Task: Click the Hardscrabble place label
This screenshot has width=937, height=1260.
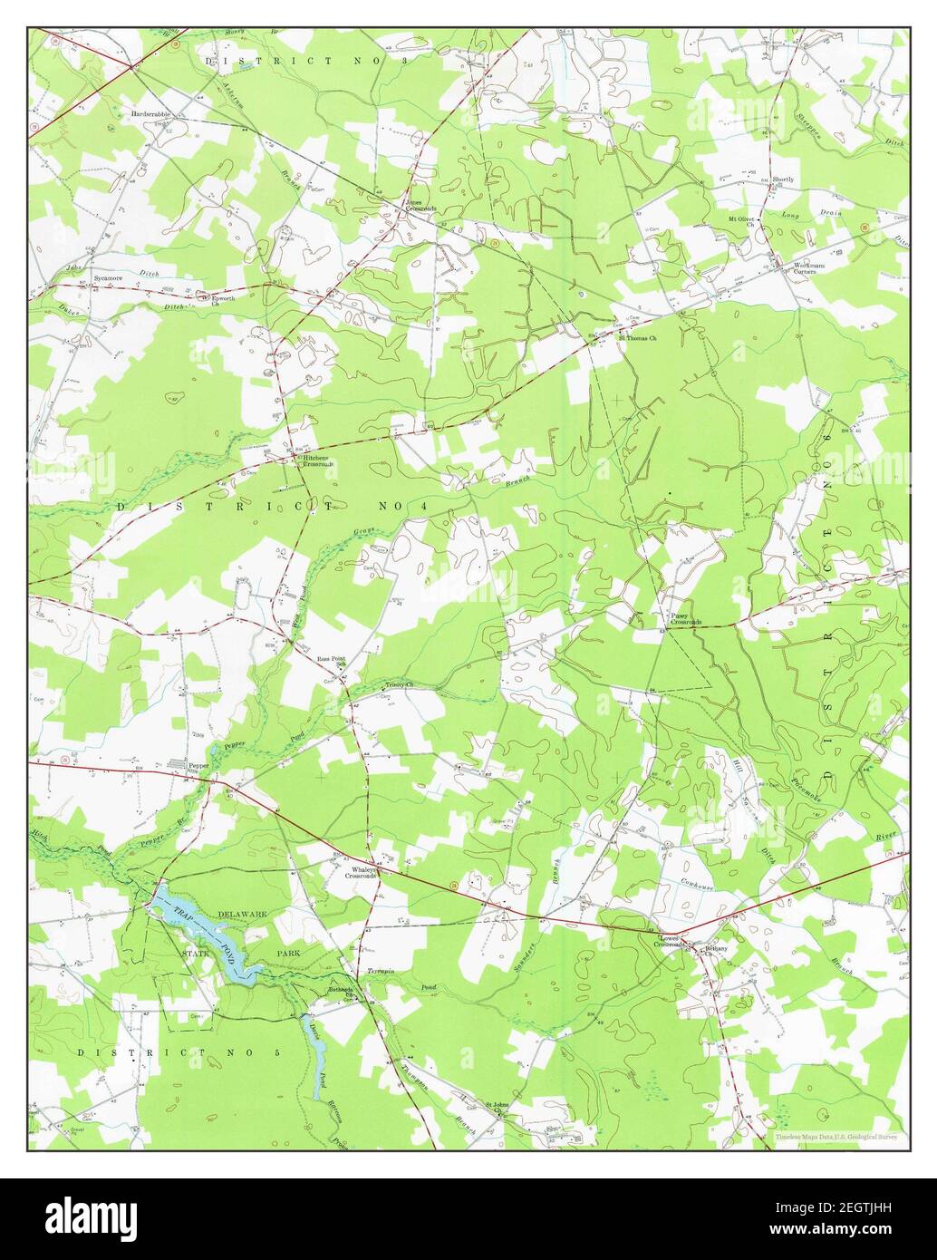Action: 151,115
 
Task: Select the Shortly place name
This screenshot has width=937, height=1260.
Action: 782,179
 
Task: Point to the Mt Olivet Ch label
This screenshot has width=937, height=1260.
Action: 741,221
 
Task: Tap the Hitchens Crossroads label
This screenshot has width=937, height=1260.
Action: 318,461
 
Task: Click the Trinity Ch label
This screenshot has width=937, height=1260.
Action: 399,685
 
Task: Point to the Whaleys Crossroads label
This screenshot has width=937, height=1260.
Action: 362,873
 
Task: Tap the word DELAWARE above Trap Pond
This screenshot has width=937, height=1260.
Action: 242,916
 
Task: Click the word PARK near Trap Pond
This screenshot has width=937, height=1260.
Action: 291,955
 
